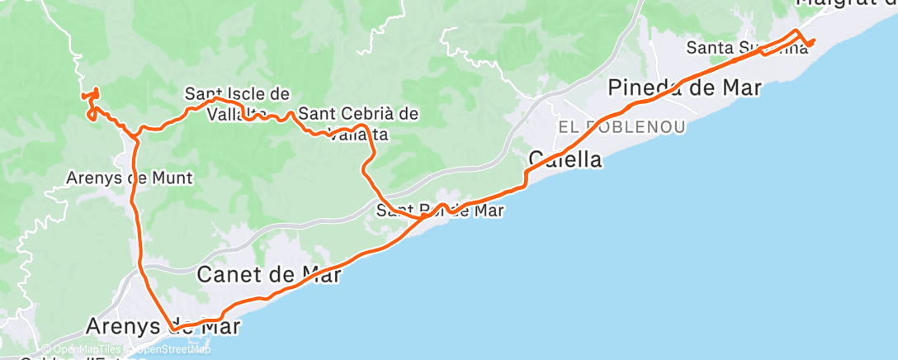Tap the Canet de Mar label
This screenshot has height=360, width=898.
268,274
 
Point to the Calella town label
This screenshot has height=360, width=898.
565,159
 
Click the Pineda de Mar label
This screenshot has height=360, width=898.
684,88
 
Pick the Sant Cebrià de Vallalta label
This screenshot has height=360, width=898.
358,122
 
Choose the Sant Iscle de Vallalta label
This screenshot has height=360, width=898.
238,103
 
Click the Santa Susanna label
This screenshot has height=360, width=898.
748,48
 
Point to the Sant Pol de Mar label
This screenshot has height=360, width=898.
440,211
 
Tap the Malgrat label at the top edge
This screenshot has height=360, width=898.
846,4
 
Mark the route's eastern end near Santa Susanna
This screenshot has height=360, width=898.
814,40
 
